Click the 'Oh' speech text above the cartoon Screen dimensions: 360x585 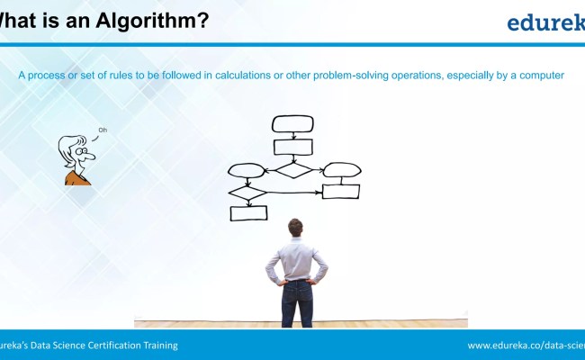(103, 131)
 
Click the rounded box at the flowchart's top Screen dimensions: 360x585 (292, 123)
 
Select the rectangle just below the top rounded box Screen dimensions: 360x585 (292, 147)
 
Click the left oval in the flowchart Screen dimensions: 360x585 (247, 170)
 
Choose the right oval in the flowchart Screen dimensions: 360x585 (342, 169)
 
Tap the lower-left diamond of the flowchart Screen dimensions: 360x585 (247, 192)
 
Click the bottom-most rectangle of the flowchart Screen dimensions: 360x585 (248, 213)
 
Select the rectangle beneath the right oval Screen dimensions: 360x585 (341, 191)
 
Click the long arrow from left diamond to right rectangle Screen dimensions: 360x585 (292, 192)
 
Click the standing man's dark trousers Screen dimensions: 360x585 (296, 304)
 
